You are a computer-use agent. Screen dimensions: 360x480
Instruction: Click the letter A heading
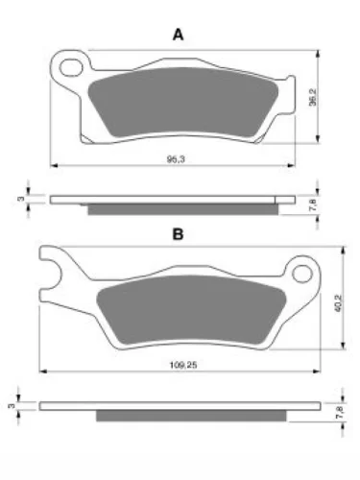[179, 35]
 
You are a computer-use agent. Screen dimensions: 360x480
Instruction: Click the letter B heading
[178, 234]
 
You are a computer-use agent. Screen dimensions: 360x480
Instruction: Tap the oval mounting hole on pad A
[71, 68]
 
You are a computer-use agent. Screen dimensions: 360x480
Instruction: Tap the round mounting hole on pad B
[302, 274]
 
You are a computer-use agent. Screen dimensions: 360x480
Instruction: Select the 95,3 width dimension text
[176, 159]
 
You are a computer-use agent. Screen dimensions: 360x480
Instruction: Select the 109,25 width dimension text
[183, 365]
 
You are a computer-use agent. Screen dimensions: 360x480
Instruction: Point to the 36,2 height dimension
[313, 97]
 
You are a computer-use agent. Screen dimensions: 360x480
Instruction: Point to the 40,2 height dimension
[339, 303]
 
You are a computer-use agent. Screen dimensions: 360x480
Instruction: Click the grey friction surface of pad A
[183, 102]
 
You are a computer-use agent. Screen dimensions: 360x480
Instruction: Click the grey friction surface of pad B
[191, 310]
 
